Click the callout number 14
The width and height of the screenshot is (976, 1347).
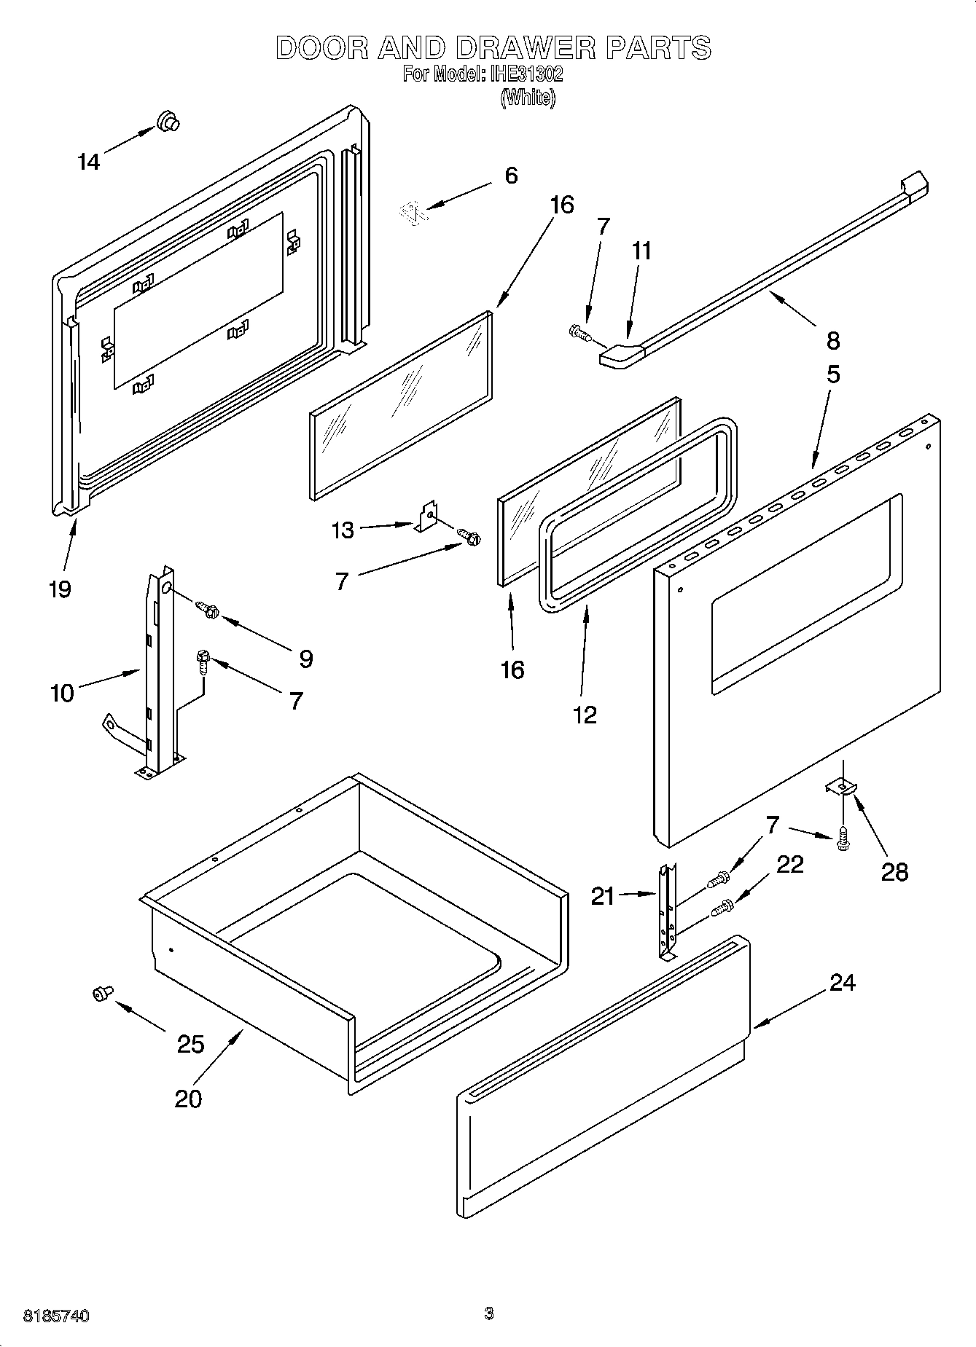pos(89,162)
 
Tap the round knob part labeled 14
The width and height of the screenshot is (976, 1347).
pos(168,122)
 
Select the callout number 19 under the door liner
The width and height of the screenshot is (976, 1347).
pos(60,589)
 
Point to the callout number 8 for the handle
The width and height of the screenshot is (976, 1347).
pos(833,340)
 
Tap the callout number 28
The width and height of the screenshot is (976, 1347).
pos(894,871)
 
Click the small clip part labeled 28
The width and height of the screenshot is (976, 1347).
pos(841,787)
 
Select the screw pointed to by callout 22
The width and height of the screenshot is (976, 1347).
pos(720,908)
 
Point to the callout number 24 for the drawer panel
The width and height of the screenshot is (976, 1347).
pos(842,983)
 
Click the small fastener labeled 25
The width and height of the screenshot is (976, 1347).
pos(101,992)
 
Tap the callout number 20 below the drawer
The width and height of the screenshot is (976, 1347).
pos(187,1097)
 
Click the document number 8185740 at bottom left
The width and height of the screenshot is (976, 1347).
pos(56,1316)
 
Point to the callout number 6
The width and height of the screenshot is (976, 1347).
pos(511,176)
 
